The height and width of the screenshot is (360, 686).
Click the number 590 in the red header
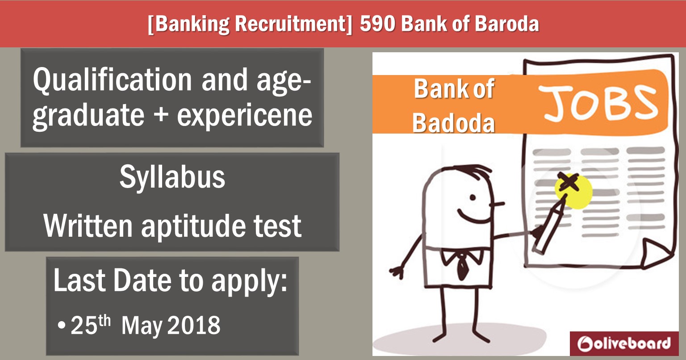click(377, 24)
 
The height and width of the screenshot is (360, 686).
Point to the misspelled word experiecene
click(244, 116)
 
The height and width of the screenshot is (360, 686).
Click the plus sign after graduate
click(161, 115)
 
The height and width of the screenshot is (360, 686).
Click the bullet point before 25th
click(62, 325)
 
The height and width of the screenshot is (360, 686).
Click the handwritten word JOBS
click(597, 103)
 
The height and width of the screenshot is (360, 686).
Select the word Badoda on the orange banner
click(453, 123)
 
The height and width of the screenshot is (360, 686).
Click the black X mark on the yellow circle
click(569, 182)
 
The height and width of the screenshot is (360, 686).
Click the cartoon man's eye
click(473, 197)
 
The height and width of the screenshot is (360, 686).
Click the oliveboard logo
click(624, 343)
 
